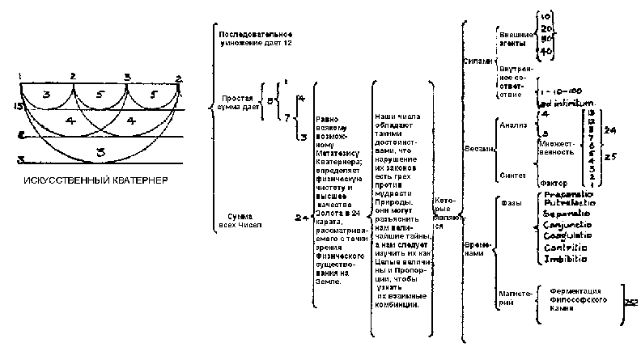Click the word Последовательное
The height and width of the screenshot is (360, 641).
tap(255, 36)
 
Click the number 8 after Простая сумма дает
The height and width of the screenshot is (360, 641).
tap(270, 101)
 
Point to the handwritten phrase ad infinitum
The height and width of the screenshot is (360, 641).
tap(565, 104)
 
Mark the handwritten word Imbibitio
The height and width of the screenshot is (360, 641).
tap(564, 258)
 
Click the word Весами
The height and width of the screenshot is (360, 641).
tap(476, 149)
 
